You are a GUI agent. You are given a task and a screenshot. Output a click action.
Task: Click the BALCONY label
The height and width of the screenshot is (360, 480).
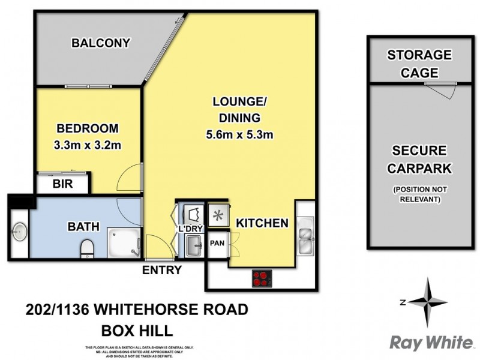point(101,43)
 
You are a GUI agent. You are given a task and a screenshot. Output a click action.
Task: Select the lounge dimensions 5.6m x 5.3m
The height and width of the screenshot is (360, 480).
point(239,135)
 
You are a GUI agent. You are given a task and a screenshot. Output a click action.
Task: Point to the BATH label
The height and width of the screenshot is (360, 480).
point(79,227)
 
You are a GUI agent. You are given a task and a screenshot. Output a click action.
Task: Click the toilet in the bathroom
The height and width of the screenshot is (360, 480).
point(88,247)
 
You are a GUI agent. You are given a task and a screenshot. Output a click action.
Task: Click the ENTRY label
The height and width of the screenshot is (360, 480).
point(161,270)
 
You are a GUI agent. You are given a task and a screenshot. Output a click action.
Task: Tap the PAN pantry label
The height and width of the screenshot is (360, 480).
point(217,244)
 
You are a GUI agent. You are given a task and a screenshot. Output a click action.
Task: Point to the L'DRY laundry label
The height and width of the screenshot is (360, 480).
point(190,229)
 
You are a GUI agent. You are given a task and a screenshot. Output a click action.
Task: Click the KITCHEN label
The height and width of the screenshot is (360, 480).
point(262,223)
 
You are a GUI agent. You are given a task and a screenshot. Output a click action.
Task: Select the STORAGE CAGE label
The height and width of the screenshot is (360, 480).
point(419,64)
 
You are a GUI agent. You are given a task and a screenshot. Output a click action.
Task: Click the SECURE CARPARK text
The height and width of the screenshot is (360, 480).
point(419,160)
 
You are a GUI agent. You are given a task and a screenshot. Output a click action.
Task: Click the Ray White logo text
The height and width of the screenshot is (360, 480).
point(430,343)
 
